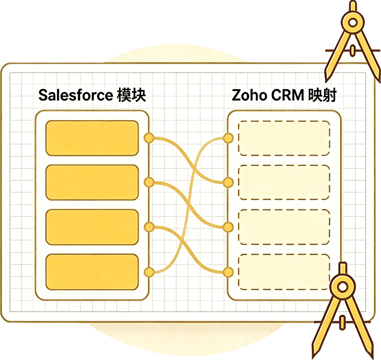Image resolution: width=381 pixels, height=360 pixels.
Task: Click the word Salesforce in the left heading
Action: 75,95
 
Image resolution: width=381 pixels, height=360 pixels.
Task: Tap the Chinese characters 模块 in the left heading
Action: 131,95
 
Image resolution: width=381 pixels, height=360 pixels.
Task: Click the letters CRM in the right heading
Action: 287,95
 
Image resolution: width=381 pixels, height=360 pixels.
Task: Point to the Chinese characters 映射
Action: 322,95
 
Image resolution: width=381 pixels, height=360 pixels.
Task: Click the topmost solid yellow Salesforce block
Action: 92,138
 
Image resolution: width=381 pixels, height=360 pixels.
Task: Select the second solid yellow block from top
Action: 92,183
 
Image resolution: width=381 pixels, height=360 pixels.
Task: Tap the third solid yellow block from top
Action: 92,227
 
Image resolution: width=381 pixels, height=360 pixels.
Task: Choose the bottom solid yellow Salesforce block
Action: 92,272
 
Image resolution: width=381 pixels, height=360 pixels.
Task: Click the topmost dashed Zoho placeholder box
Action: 284,138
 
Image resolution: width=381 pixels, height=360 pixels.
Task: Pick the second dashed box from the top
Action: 284,183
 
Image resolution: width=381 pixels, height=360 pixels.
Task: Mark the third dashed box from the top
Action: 284,227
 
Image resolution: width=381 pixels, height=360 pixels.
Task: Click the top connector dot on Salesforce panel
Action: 149,138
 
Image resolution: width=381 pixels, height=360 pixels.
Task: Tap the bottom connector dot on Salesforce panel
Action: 149,272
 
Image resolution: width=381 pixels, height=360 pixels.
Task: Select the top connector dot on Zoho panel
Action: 228,138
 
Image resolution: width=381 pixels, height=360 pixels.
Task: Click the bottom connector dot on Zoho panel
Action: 228,272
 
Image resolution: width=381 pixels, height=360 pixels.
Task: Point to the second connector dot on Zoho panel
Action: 228,183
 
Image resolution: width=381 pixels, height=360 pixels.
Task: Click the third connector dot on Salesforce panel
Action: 149,227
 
